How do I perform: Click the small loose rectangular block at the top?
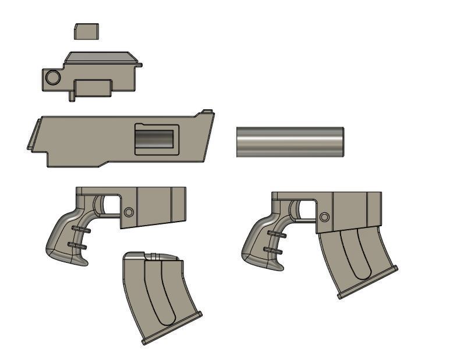click(86, 31)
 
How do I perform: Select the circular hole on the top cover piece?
click(52, 77)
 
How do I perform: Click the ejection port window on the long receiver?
click(154, 140)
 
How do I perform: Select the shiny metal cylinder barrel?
click(289, 141)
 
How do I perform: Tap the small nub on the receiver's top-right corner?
click(206, 111)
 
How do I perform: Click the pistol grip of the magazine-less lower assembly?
click(67, 238)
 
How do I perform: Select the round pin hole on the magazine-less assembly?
click(129, 212)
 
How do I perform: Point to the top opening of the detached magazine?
click(153, 256)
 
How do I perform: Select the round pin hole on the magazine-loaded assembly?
click(324, 217)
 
